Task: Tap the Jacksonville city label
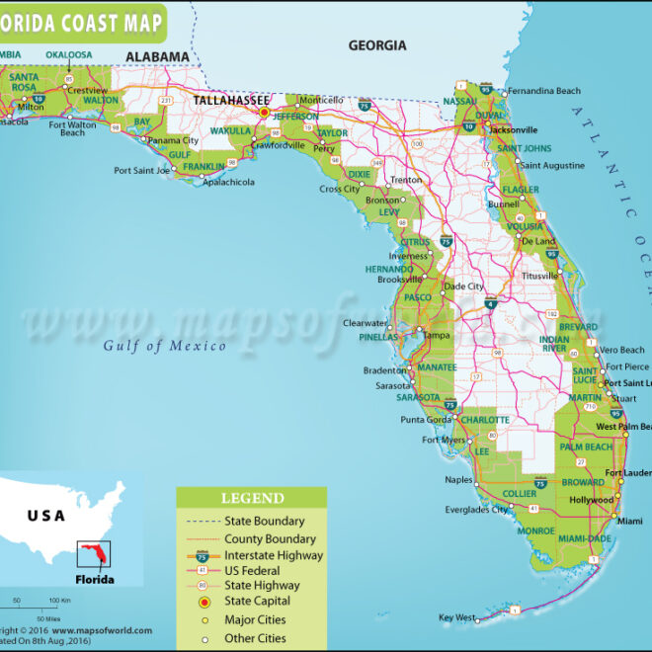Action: coord(512,129)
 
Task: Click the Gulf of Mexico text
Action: coord(165,345)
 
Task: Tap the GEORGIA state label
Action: coord(376,45)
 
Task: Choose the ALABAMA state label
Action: coord(156,57)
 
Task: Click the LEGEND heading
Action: coord(252,499)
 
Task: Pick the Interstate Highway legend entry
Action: coord(274,556)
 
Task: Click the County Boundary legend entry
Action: coord(270,539)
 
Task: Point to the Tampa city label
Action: coord(437,335)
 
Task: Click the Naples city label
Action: coord(458,480)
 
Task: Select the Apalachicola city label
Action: coord(228,183)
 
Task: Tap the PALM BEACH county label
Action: coord(586,448)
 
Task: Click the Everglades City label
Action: coord(476,510)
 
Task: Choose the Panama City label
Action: coord(174,140)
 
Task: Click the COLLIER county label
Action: coord(520,493)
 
